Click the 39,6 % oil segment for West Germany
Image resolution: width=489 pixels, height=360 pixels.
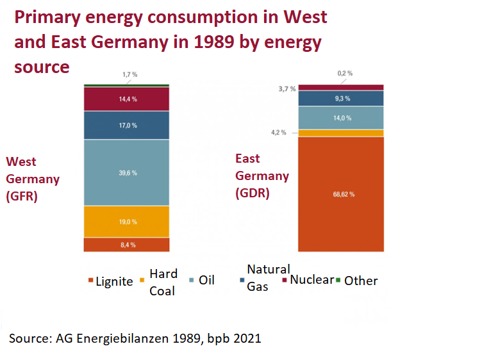(126, 173)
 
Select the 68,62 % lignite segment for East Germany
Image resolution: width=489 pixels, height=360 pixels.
(341, 193)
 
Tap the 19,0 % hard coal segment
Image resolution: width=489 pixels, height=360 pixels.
(126, 222)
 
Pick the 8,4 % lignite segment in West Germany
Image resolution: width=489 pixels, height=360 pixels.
(126, 245)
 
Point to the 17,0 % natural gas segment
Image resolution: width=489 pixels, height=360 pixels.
(126, 126)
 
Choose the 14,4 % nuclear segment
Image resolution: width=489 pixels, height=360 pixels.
(126, 99)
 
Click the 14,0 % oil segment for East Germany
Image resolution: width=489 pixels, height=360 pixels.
(341, 118)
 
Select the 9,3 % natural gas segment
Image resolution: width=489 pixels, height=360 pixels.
(341, 99)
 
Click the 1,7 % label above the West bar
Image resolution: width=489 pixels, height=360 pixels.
(130, 75)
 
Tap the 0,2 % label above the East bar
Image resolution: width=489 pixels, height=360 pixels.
(345, 74)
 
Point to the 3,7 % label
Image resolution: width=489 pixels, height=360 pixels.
(286, 88)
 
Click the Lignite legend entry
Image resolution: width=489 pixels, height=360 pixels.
(110, 281)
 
